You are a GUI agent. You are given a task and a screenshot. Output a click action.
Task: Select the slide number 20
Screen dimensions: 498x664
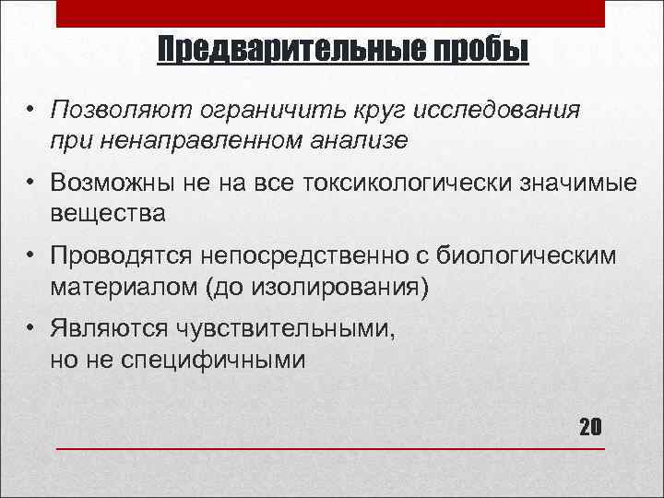coord(590,427)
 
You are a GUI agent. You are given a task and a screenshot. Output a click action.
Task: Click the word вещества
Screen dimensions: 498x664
coord(108,213)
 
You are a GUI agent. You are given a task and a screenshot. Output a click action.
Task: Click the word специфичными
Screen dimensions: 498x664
coord(213,359)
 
